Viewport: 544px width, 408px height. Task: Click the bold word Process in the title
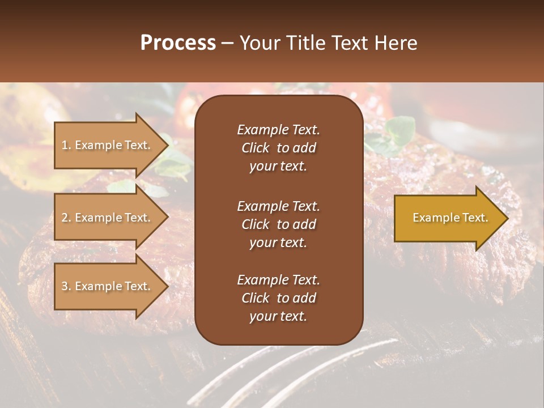[178, 43]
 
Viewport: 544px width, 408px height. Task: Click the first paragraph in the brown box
[278, 148]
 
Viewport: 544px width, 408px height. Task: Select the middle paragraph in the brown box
[278, 224]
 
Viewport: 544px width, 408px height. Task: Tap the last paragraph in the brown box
[278, 298]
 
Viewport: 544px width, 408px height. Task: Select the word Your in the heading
[260, 43]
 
